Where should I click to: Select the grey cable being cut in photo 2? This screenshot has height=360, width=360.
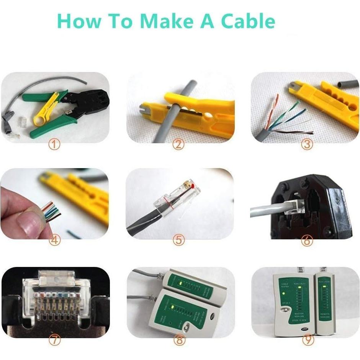169,115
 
